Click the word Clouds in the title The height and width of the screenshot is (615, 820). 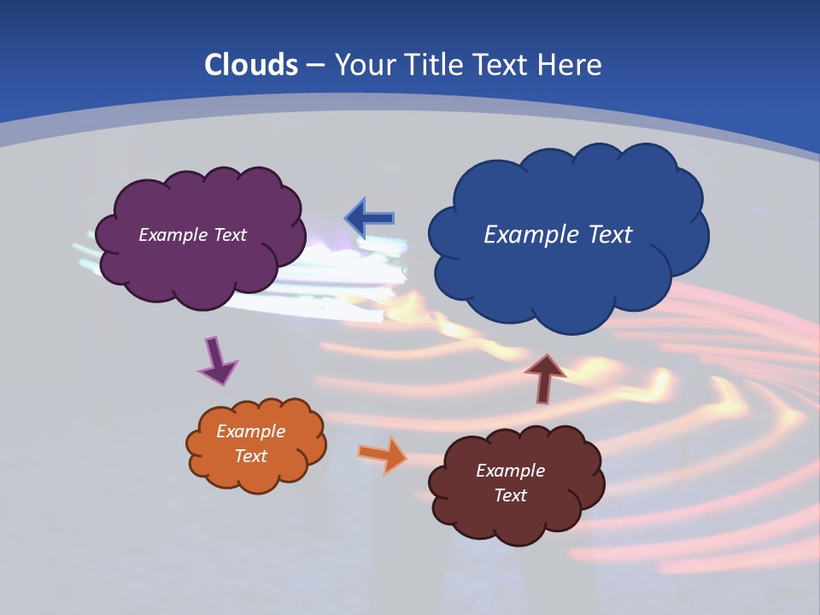[251, 65]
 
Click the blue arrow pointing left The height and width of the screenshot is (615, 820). [370, 219]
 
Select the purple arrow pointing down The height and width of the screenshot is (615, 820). [217, 360]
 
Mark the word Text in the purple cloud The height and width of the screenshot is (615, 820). [230, 235]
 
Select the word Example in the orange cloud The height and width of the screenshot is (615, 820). [250, 431]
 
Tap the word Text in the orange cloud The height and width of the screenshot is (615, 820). [250, 456]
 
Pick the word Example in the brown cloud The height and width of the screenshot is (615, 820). [510, 471]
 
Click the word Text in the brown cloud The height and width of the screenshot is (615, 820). [510, 495]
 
